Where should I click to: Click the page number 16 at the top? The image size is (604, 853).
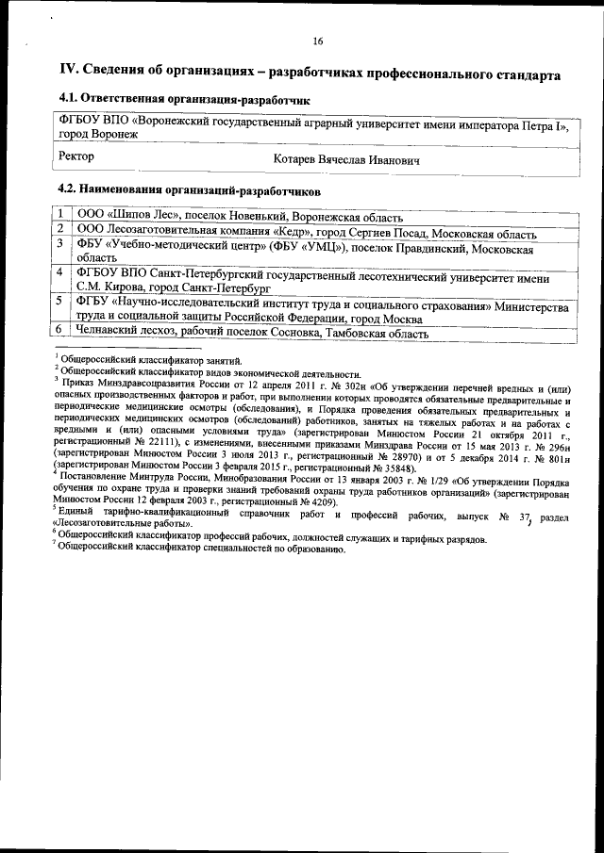[318, 41]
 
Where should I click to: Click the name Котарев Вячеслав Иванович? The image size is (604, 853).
[346, 160]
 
